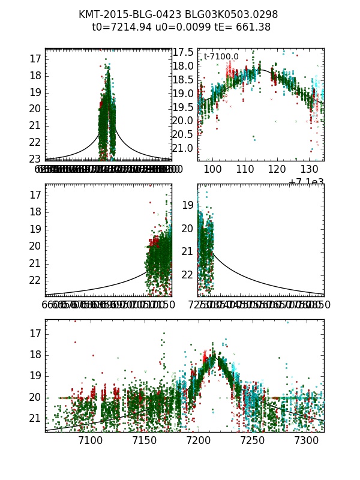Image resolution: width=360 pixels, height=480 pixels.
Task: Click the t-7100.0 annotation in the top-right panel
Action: tap(221, 57)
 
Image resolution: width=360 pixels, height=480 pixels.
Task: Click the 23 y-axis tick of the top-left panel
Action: tap(34, 159)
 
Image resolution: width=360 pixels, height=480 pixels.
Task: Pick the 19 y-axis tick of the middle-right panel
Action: tap(187, 205)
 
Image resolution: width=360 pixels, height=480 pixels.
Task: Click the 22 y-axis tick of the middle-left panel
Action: tap(34, 280)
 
